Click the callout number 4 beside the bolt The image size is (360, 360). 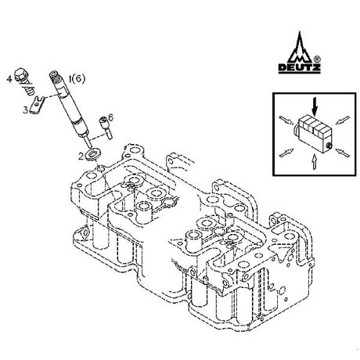pyautogui.click(x=9, y=79)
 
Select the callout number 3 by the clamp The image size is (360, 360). pyautogui.click(x=25, y=110)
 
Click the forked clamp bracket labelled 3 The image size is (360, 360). pyautogui.click(x=38, y=105)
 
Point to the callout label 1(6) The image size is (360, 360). pyautogui.click(x=77, y=78)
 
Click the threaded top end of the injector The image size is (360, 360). pyautogui.click(x=54, y=75)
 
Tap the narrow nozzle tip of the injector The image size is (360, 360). pyautogui.click(x=89, y=142)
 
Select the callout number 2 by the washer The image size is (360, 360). pyautogui.click(x=81, y=157)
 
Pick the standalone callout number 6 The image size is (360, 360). pyautogui.click(x=111, y=118)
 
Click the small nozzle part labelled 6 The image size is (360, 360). pyautogui.click(x=106, y=128)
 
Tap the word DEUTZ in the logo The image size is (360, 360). pyautogui.click(x=300, y=68)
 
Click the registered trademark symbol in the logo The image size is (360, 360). pyautogui.click(x=316, y=59)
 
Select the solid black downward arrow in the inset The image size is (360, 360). pyautogui.click(x=315, y=106)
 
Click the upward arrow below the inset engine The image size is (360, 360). pyautogui.click(x=315, y=162)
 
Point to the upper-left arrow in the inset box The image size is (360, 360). pyautogui.click(x=286, y=121)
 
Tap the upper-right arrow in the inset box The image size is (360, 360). pyautogui.click(x=342, y=120)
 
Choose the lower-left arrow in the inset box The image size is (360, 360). pyautogui.click(x=286, y=153)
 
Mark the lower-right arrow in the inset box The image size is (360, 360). pyautogui.click(x=342, y=153)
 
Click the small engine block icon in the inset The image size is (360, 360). pyautogui.click(x=314, y=135)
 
